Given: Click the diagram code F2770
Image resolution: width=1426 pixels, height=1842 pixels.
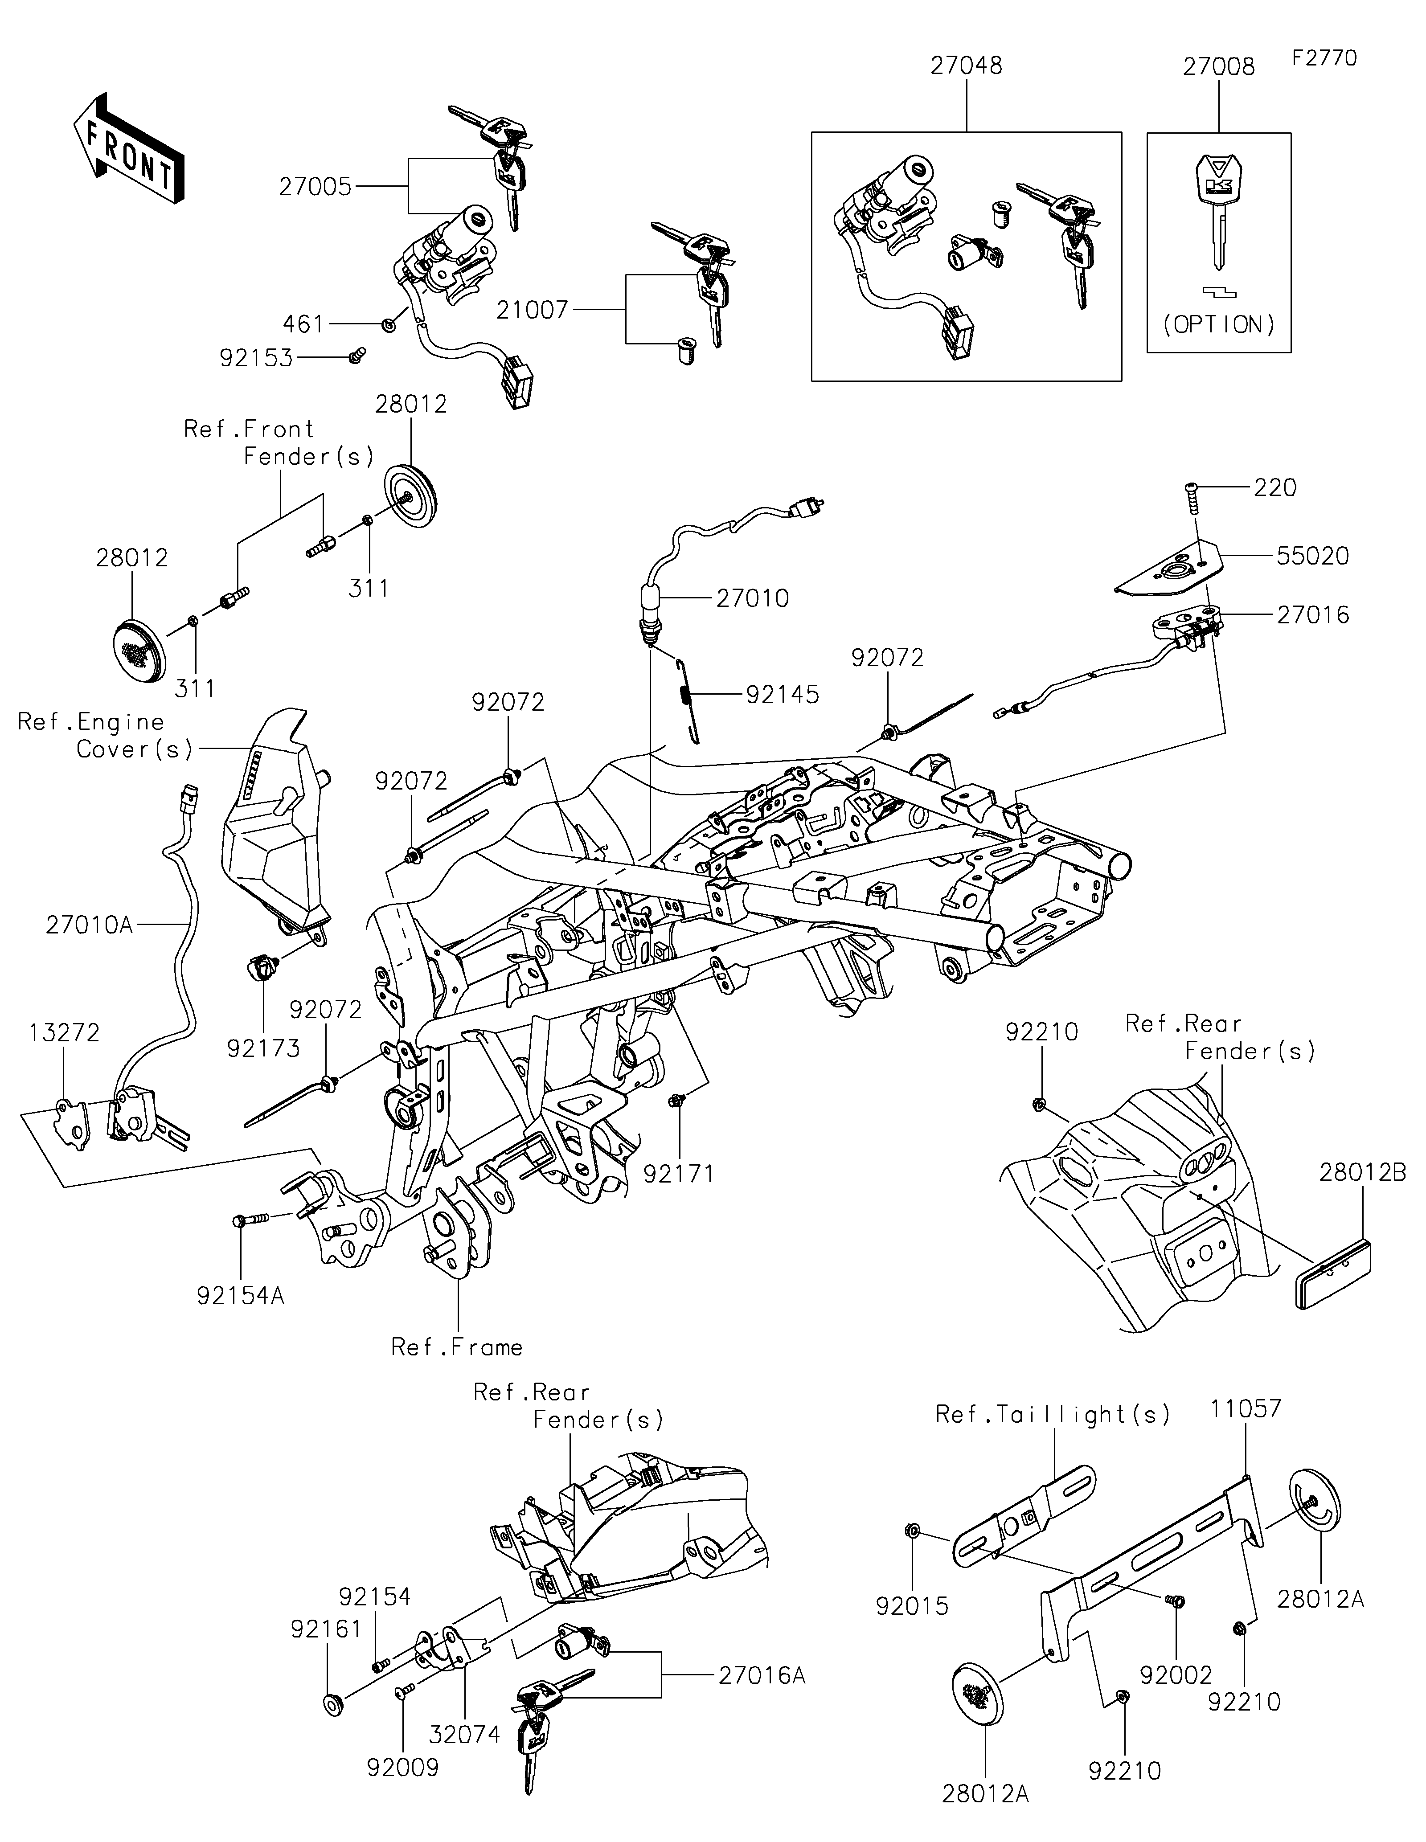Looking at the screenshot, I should point(1324,58).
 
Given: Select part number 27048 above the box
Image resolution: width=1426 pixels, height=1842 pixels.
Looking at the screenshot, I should point(967,66).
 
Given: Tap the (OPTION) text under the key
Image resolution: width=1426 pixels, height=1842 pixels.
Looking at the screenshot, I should point(1219,325).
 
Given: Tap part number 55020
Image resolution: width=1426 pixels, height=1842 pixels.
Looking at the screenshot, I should point(1312,556).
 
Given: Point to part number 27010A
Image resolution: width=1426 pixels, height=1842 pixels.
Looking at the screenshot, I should point(90,925).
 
